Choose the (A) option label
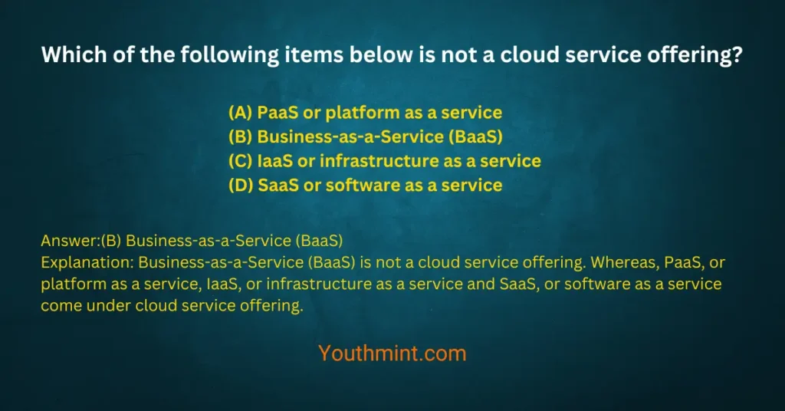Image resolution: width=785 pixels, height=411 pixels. (x=240, y=113)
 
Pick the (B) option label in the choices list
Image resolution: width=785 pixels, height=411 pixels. (x=240, y=137)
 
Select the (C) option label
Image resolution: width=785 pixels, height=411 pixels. (x=240, y=161)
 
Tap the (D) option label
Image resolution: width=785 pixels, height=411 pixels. (x=240, y=185)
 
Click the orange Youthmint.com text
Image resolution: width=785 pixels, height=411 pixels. (x=392, y=353)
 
